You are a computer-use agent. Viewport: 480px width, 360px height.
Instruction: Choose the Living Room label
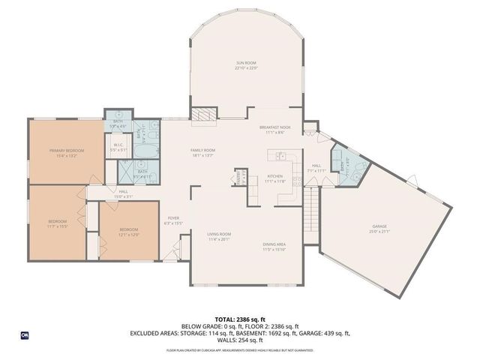[219, 234]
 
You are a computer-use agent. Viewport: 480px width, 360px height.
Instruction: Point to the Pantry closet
[239, 178]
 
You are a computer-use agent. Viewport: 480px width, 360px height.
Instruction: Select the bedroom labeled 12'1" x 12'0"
[129, 231]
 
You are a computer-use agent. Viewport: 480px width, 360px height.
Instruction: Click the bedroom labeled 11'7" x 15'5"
[58, 223]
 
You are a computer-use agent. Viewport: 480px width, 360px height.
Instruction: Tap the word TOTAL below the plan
[223, 318]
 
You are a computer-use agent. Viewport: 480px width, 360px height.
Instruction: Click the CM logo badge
[25, 334]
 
